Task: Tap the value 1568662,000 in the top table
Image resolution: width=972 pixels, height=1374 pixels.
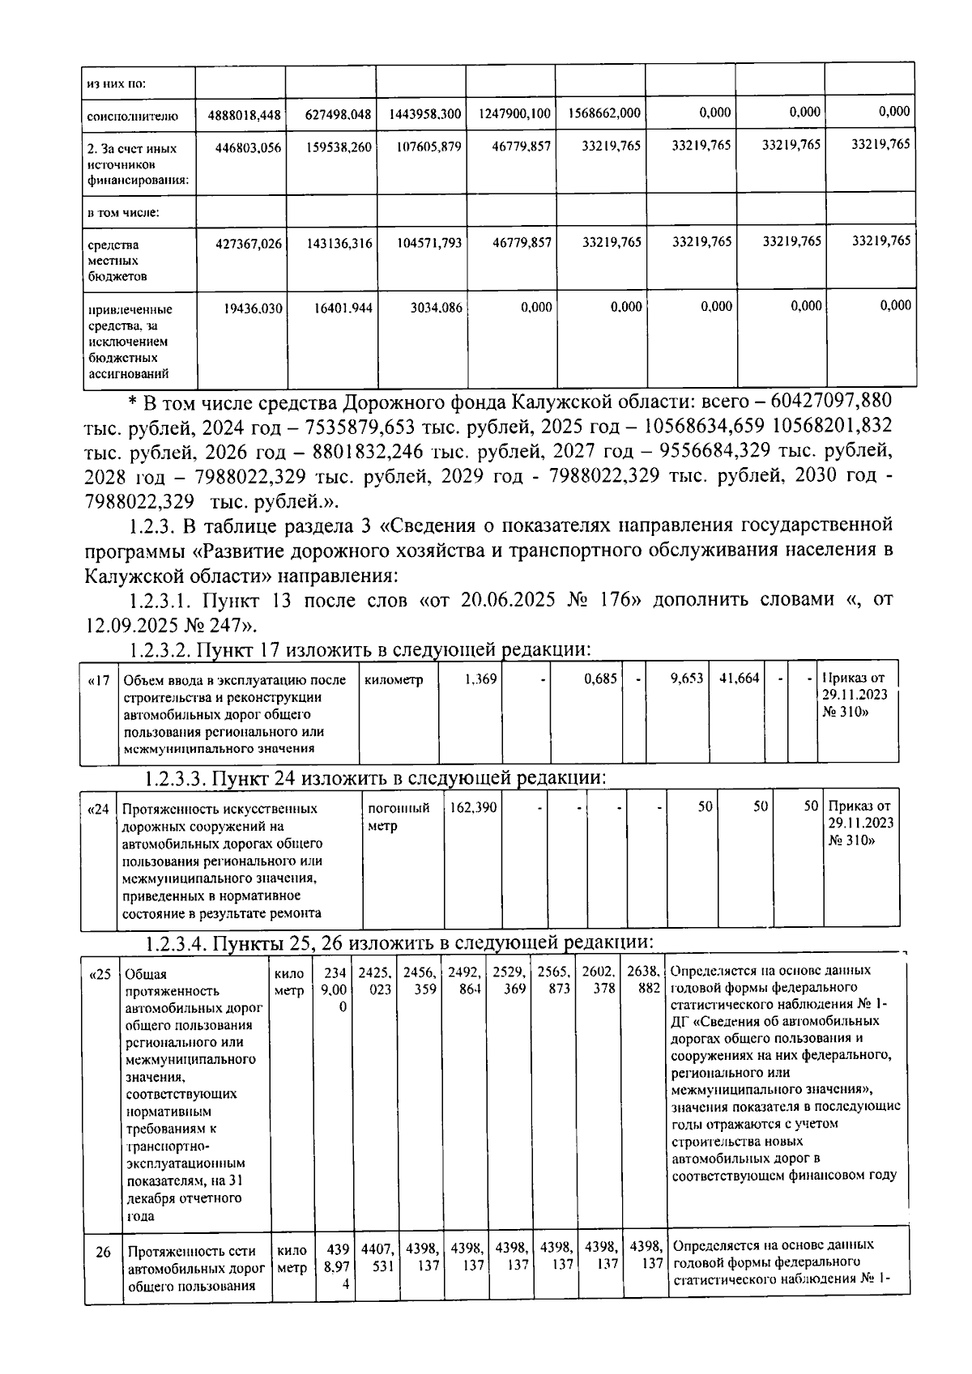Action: pyautogui.click(x=604, y=114)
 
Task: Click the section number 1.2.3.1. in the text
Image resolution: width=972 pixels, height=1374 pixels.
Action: pyautogui.click(x=161, y=600)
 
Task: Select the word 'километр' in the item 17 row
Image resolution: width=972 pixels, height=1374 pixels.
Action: pyautogui.click(x=394, y=680)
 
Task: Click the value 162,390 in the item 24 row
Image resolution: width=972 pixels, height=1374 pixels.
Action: pyautogui.click(x=474, y=807)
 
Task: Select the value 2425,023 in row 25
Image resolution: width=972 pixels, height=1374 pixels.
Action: pyautogui.click(x=375, y=981)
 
